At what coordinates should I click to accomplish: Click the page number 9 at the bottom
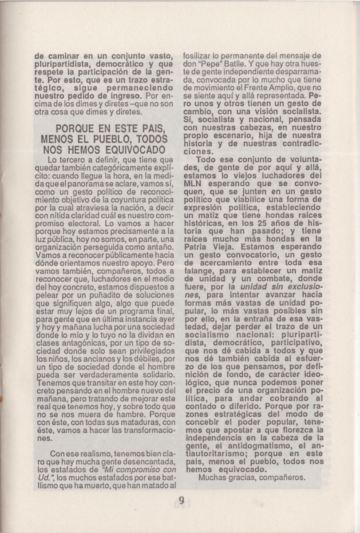tap(181, 500)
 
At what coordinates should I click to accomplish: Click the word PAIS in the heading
tap(152, 129)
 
